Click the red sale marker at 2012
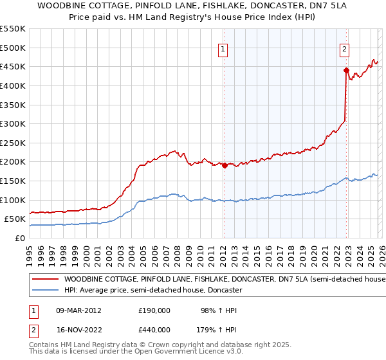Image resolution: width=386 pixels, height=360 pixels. pyautogui.click(x=225, y=165)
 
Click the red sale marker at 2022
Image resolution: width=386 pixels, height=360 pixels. pyautogui.click(x=346, y=70)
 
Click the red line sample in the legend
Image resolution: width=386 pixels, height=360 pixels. pyautogui.click(x=46, y=280)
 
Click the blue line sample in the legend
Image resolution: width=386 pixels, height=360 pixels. pyautogui.click(x=46, y=291)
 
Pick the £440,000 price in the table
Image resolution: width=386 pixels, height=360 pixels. pyautogui.click(x=154, y=329)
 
